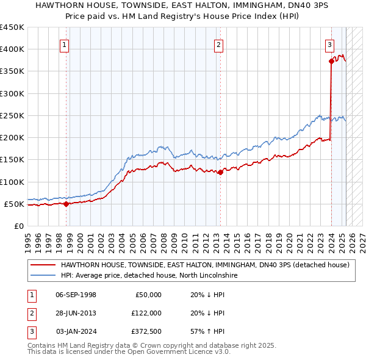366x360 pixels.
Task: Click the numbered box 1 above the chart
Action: pos(65,44)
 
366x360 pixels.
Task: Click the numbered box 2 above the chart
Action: pos(218,44)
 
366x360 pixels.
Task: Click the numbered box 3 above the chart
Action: pos(329,44)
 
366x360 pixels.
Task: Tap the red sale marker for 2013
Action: pos(220,172)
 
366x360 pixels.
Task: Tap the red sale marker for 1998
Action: pos(66,204)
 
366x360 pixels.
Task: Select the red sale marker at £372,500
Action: pos(331,61)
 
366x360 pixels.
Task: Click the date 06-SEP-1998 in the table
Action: pos(76,294)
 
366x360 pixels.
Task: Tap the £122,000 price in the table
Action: pos(147,313)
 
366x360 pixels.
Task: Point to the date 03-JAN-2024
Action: pos(76,331)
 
